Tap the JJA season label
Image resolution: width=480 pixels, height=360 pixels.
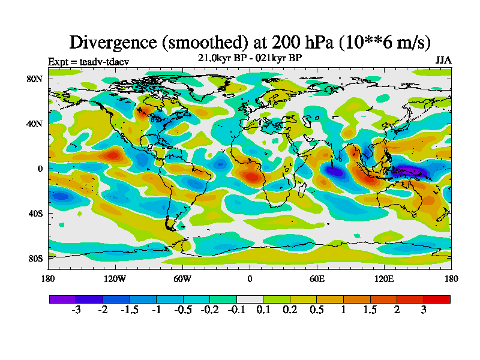pos(443,61)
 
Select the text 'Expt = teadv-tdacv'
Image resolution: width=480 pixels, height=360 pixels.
pos(88,61)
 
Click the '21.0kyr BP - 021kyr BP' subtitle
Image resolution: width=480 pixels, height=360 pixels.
pos(250,58)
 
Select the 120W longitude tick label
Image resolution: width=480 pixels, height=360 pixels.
pos(115,278)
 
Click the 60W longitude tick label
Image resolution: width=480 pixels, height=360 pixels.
pos(182,278)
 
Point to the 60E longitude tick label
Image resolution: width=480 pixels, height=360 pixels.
pos(317,278)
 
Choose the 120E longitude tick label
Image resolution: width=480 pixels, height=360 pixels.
pos(384,278)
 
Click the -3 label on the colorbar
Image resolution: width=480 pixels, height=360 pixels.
pos(76,310)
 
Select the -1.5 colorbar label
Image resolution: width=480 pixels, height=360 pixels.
pos(130,310)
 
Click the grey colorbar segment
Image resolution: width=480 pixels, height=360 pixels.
pos(250,299)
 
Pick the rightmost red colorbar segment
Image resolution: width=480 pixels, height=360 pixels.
pos(437,299)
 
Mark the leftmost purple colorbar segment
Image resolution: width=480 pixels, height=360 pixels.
pos(62,299)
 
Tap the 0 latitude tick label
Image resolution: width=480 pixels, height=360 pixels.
pos(40,169)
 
